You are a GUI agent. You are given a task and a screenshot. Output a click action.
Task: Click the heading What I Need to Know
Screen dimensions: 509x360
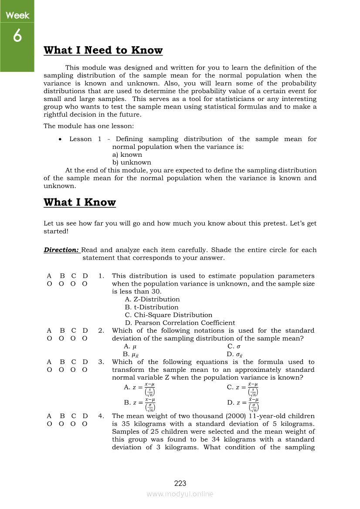(103, 51)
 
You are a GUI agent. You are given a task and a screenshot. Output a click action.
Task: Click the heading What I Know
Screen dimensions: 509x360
(80, 202)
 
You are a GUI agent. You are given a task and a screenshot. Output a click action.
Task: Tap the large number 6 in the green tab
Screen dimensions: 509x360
(17, 37)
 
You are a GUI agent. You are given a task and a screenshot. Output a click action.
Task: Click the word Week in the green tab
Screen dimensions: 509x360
(17, 16)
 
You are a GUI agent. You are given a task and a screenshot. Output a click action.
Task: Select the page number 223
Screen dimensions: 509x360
(180, 483)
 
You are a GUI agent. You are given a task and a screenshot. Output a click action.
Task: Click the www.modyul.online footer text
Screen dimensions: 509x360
(180, 494)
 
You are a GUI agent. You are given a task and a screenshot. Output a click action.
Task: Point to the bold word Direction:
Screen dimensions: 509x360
(61, 250)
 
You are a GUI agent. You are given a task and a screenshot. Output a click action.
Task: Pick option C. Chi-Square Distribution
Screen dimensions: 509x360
(168, 315)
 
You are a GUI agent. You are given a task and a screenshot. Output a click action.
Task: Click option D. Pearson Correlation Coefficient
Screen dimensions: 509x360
(180, 323)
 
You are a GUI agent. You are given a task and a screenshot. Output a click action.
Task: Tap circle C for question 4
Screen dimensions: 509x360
(74, 424)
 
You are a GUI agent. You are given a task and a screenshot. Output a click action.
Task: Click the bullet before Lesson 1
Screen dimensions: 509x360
(60, 139)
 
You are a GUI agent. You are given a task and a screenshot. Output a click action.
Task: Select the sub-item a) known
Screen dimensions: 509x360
(127, 155)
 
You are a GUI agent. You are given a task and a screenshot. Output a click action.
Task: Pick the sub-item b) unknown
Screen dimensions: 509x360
(132, 163)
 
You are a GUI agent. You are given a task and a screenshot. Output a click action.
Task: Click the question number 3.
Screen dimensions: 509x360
(101, 362)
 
